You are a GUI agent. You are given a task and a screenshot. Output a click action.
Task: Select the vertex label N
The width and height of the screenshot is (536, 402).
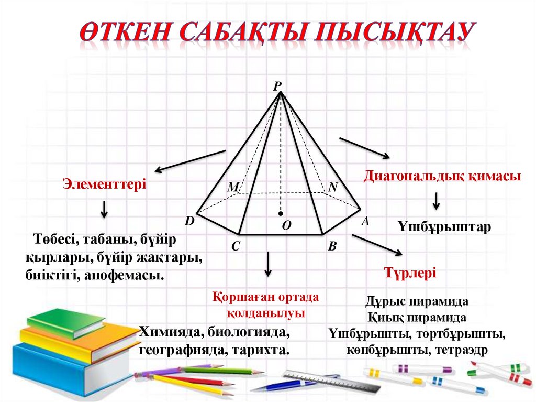point(333,187)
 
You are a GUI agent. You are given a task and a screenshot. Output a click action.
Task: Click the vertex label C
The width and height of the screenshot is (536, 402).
point(236,246)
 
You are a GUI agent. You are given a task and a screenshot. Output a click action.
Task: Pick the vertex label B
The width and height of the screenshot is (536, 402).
point(332,246)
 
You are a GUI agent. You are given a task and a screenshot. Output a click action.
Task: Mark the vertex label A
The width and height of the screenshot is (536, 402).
point(365,222)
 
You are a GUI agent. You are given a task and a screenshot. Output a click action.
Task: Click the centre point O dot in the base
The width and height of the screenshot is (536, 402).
point(281,213)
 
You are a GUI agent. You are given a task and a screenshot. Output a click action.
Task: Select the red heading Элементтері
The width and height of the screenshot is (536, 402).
point(104,184)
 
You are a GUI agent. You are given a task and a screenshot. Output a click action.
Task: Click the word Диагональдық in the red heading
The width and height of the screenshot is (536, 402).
point(409,176)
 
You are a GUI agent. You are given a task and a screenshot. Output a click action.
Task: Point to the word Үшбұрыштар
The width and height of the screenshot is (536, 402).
point(444,227)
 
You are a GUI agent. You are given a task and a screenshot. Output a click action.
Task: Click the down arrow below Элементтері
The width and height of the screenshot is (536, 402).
point(104,209)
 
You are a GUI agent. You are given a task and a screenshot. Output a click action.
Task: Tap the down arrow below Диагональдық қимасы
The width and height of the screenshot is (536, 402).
point(436,201)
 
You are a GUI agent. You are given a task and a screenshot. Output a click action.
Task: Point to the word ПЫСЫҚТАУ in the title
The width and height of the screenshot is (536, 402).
point(397,32)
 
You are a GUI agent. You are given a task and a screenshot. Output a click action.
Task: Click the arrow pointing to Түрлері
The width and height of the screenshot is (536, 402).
point(377,245)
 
